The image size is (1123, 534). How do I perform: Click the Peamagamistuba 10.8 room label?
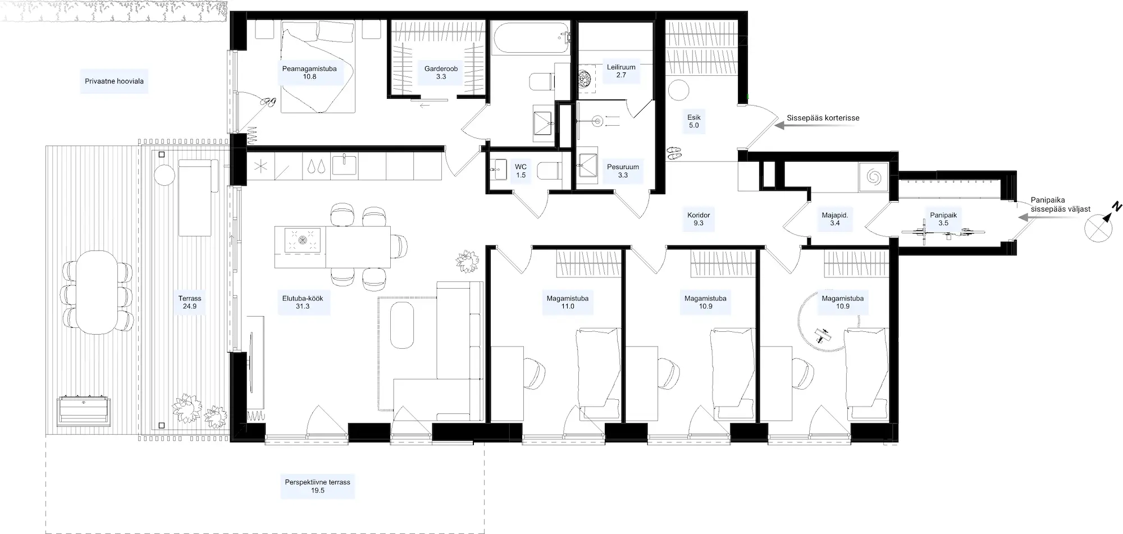pyautogui.click(x=309, y=72)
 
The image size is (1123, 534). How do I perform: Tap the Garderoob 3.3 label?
pyautogui.click(x=441, y=72)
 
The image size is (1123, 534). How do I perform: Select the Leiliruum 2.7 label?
pyautogui.click(x=621, y=71)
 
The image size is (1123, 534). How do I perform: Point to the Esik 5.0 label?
pyautogui.click(x=694, y=121)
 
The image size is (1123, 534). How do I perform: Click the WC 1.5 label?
pyautogui.click(x=521, y=171)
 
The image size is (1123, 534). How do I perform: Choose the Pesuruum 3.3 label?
pyautogui.click(x=623, y=171)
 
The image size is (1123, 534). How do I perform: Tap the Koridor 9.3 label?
pyautogui.click(x=699, y=219)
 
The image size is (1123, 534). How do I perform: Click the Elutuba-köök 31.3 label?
pyautogui.click(x=303, y=302)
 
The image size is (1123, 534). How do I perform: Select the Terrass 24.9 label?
pyautogui.click(x=190, y=302)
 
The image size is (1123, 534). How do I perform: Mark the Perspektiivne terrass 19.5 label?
pyautogui.click(x=317, y=486)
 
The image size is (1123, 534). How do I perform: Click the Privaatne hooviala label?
pyautogui.click(x=114, y=81)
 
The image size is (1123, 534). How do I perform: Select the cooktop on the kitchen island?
pyautogui.click(x=303, y=240)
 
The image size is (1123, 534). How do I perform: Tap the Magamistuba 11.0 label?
pyautogui.click(x=568, y=302)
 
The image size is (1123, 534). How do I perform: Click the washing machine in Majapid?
pyautogui.click(x=874, y=177)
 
